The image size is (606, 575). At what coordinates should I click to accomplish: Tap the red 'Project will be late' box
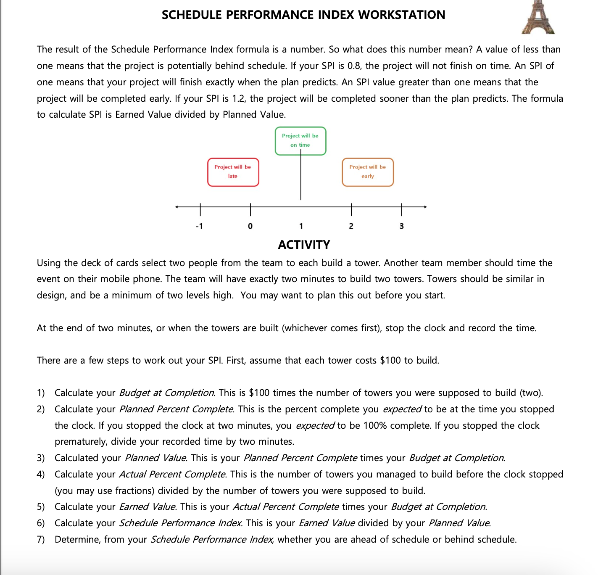coord(233,172)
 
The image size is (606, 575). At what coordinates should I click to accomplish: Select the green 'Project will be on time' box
coord(300,141)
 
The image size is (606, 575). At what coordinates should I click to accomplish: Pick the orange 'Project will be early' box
coord(367,172)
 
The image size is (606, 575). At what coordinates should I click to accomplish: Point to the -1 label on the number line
coord(199,226)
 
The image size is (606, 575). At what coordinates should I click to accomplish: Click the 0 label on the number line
coord(250,226)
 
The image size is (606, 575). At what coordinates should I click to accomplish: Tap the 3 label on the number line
coord(401,226)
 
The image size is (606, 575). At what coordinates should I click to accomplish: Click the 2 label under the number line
coord(351,226)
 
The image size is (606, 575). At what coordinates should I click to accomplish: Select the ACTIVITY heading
coord(304,245)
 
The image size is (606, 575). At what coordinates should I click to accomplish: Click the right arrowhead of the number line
coord(425,207)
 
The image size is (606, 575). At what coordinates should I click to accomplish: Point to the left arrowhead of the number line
coord(177,207)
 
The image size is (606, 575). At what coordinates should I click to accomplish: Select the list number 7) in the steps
coord(41,539)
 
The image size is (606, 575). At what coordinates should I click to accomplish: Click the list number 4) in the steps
coord(41,474)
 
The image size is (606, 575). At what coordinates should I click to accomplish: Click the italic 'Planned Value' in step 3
coord(156,458)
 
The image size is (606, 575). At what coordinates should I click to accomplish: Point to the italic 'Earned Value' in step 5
coord(147,506)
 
